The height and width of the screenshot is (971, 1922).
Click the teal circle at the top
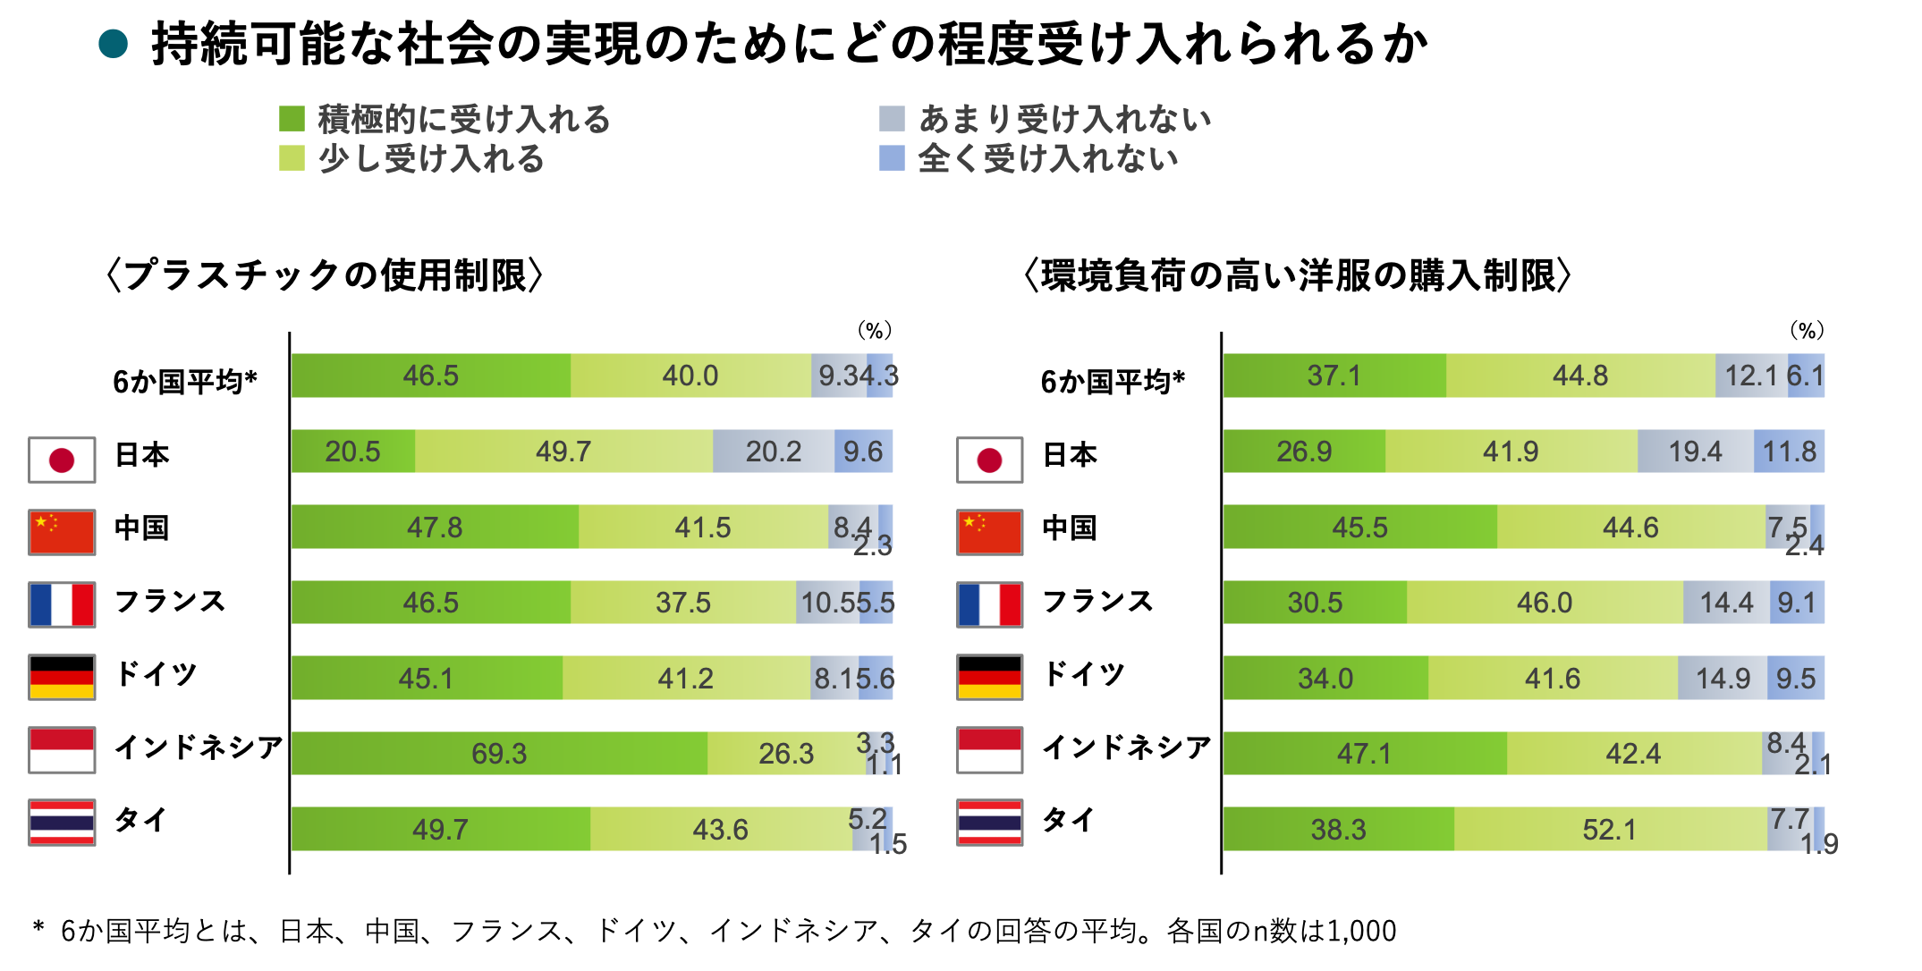pyautogui.click(x=113, y=44)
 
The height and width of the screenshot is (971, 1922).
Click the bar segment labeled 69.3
pyautogui.click(x=499, y=753)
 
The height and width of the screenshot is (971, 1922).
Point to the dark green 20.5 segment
pyautogui.click(x=352, y=452)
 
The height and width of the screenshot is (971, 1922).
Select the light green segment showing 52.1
pyautogui.click(x=1610, y=829)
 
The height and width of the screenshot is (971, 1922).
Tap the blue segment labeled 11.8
pyautogui.click(x=1790, y=452)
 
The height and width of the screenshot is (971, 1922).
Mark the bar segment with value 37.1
pyautogui.click(x=1334, y=376)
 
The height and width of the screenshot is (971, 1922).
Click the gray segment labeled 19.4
pyautogui.click(x=1695, y=452)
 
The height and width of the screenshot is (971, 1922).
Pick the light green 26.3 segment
pyautogui.click(x=785, y=753)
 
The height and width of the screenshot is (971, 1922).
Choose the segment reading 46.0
pyautogui.click(x=1545, y=603)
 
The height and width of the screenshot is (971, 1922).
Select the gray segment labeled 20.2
pyautogui.click(x=774, y=452)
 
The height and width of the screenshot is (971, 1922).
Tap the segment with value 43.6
pyautogui.click(x=721, y=829)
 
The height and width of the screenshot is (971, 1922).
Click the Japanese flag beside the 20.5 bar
pyautogui.click(x=62, y=460)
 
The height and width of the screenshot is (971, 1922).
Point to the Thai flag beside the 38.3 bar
pyautogui.click(x=990, y=823)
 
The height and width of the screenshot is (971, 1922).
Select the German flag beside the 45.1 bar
pyautogui.click(x=62, y=678)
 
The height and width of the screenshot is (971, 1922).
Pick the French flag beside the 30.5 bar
pyautogui.click(x=990, y=605)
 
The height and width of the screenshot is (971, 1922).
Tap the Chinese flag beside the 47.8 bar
pyautogui.click(x=62, y=533)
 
